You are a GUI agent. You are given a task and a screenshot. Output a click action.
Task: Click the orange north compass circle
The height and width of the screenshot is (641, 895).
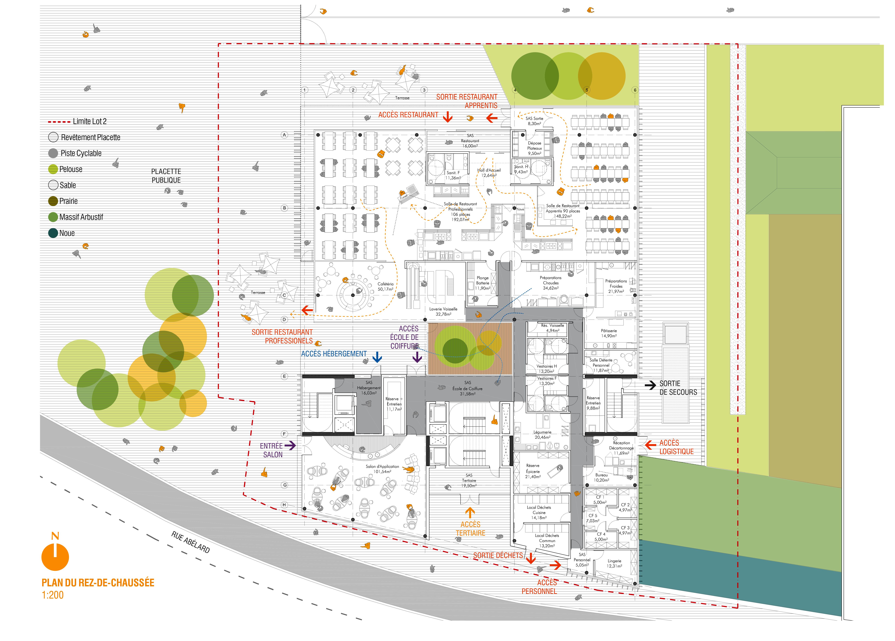(55, 557)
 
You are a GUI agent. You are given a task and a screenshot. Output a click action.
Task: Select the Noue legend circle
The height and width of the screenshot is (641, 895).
(53, 233)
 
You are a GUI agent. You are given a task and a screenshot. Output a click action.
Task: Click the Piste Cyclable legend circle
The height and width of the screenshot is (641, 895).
(53, 153)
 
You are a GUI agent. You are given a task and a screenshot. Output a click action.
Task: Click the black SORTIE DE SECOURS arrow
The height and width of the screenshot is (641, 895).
(650, 385)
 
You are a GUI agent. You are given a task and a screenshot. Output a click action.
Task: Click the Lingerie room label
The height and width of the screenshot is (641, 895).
(614, 563)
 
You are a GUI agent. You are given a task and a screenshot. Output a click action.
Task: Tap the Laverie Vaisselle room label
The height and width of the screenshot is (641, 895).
(443, 311)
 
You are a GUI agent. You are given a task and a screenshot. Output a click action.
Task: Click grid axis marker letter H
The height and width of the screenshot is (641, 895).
(284, 505)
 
